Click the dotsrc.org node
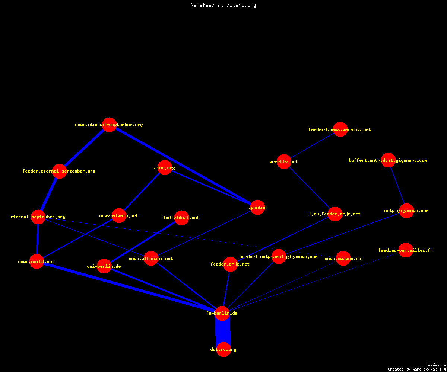[223, 349]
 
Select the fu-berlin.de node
[222, 314]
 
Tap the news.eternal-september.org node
[109, 125]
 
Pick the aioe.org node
[165, 168]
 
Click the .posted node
[257, 207]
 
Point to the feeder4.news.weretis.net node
[340, 129]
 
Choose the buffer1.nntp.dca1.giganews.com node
[388, 160]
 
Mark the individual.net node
[181, 218]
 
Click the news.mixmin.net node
[119, 215]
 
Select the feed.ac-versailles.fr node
[406, 250]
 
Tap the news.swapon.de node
[343, 258]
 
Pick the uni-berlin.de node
[104, 266]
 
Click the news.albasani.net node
[151, 258]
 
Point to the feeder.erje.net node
[230, 264]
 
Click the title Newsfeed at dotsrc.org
[223, 5]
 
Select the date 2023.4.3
[437, 364]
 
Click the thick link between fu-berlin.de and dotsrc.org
[223, 331]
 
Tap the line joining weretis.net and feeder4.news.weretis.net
[312, 145]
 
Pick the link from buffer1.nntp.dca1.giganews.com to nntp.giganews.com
[397, 185]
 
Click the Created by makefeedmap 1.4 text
[417, 369]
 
